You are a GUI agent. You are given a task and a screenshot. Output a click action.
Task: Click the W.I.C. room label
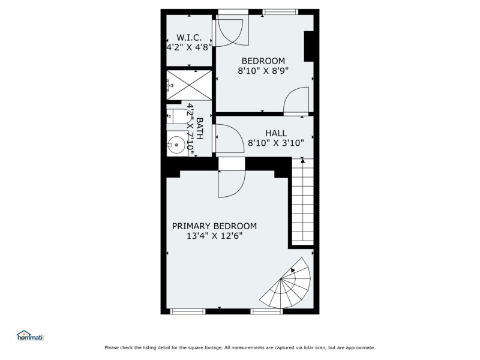pos(189,37)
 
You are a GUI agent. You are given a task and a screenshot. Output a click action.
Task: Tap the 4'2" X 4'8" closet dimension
pos(189,46)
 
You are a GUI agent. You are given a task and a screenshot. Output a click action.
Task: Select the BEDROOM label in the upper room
pos(263,61)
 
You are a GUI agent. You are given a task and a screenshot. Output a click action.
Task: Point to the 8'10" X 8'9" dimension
pos(263,70)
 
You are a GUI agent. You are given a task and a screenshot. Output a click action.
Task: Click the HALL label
pos(276,133)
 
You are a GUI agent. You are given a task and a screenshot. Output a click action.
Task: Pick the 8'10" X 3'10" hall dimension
pos(276,143)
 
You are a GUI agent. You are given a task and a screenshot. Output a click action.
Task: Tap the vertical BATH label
pos(199,128)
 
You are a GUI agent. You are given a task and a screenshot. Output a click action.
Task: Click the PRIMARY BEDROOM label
pos(214,226)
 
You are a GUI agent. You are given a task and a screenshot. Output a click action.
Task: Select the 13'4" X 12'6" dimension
pos(214,236)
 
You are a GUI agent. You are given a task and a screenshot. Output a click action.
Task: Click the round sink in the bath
pos(176,144)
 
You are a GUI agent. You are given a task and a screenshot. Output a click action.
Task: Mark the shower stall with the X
pos(188,84)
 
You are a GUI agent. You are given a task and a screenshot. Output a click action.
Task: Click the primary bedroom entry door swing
pos(231,183)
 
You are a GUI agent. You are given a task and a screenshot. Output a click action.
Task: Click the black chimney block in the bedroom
pos(310,46)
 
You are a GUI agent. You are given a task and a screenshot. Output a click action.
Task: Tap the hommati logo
pos(30,336)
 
